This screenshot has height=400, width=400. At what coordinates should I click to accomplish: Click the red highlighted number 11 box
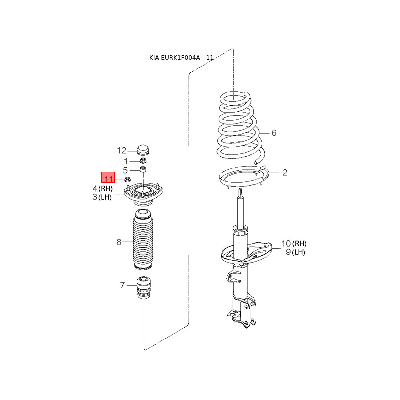[108, 177]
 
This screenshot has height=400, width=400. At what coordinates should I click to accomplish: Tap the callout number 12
[122, 151]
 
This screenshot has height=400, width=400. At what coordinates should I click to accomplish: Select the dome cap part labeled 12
[143, 150]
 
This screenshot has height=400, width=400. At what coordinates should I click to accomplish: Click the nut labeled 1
[143, 161]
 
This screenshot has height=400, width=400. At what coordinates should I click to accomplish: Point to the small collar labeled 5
[143, 169]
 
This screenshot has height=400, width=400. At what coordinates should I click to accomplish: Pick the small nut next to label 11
[127, 179]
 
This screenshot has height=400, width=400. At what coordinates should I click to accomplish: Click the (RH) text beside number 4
[105, 189]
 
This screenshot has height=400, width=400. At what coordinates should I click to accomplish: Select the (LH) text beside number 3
[105, 197]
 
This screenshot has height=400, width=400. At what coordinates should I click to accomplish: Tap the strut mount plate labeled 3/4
[143, 194]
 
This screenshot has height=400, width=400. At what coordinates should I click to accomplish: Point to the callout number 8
[119, 242]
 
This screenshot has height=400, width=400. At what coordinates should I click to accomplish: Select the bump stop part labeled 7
[144, 287]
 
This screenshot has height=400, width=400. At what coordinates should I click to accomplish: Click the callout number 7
[122, 285]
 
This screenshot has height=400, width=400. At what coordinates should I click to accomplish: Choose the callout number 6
[274, 133]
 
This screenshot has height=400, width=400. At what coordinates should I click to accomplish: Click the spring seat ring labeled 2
[243, 177]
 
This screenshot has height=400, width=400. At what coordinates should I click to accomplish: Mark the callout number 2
[285, 172]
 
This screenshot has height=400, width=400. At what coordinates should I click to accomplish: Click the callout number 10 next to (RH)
[286, 244]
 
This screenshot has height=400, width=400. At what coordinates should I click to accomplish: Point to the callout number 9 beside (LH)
[288, 252]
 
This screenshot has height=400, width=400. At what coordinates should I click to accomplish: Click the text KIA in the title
[154, 58]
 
